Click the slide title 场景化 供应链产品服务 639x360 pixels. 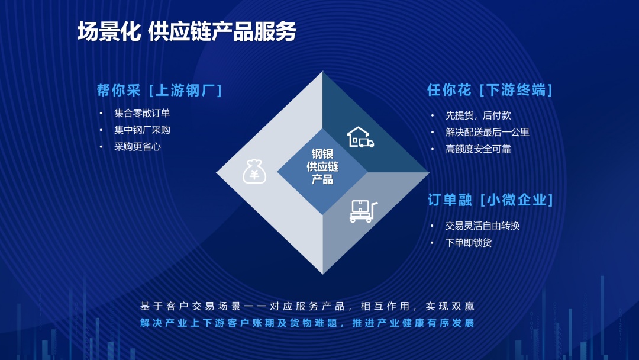(x=186, y=31)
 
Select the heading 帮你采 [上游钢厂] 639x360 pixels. (x=159, y=90)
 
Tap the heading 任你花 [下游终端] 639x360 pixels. (x=490, y=89)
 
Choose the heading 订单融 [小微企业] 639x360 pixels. (x=490, y=200)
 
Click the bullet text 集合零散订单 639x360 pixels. (x=142, y=113)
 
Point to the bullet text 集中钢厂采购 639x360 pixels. (x=142, y=130)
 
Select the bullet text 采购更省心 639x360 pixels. (x=137, y=147)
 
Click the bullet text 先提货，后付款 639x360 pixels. (x=478, y=115)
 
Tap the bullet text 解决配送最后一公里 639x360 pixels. (x=488, y=132)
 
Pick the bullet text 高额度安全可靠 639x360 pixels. (x=478, y=149)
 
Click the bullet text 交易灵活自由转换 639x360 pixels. (x=483, y=226)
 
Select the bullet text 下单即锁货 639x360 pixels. (x=469, y=243)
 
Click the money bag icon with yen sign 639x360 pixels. (x=254, y=171)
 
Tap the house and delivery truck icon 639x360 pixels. (x=360, y=137)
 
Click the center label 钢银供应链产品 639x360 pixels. (x=322, y=166)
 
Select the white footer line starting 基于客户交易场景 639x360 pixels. (x=307, y=306)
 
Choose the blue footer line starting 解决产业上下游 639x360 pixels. (x=307, y=323)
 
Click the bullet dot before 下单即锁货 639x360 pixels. (x=432, y=243)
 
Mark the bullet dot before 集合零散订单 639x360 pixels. (x=101, y=113)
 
